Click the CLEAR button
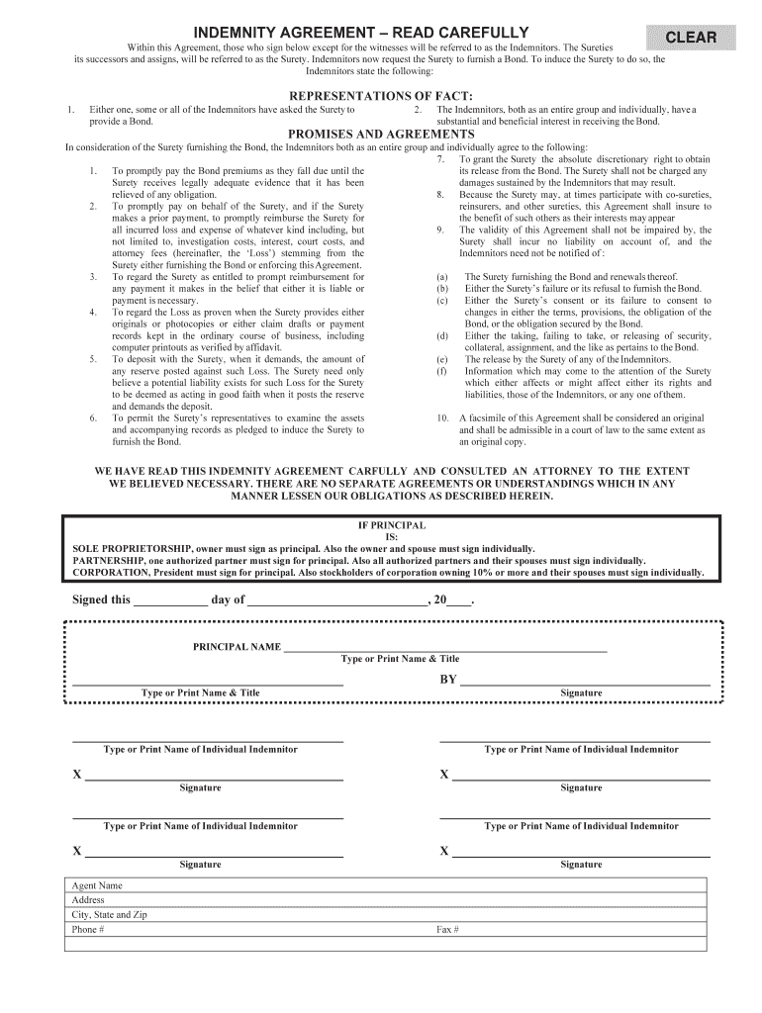[x=691, y=38]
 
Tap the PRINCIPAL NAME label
[x=237, y=647]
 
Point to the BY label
[x=448, y=680]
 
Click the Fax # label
[x=447, y=930]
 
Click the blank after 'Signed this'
[x=170, y=599]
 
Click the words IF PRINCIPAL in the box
[x=391, y=524]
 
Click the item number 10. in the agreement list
[x=442, y=417]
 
